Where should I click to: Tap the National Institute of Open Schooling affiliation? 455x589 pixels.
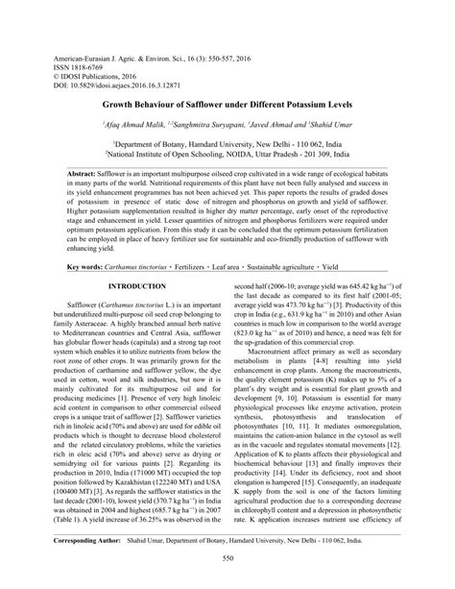click(x=229, y=152)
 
